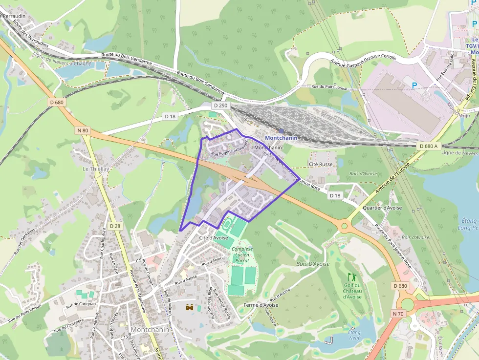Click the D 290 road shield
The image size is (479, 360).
click(x=220, y=106)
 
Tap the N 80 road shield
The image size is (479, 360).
click(x=83, y=130)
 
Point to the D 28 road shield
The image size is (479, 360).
click(x=115, y=226)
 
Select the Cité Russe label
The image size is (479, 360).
click(x=321, y=164)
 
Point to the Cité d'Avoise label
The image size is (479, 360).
click(x=214, y=237)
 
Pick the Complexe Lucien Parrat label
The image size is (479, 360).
click(x=242, y=255)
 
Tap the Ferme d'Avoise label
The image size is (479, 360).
click(x=261, y=305)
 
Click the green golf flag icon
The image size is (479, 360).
click(x=350, y=277)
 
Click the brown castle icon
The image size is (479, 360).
click(x=189, y=307)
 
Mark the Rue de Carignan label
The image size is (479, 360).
click(x=81, y=304)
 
